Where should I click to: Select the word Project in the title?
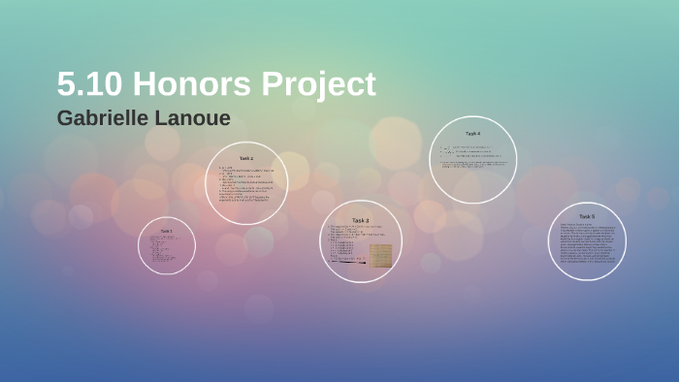click(x=319, y=85)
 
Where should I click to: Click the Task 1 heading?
click(x=166, y=231)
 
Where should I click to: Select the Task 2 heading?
click(x=246, y=158)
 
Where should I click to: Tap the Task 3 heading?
click(x=360, y=220)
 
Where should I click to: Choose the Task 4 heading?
click(x=472, y=134)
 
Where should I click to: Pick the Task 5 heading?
click(x=587, y=216)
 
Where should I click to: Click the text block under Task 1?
click(x=165, y=248)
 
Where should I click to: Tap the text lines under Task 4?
click(x=472, y=158)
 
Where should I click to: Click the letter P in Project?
click(x=275, y=84)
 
